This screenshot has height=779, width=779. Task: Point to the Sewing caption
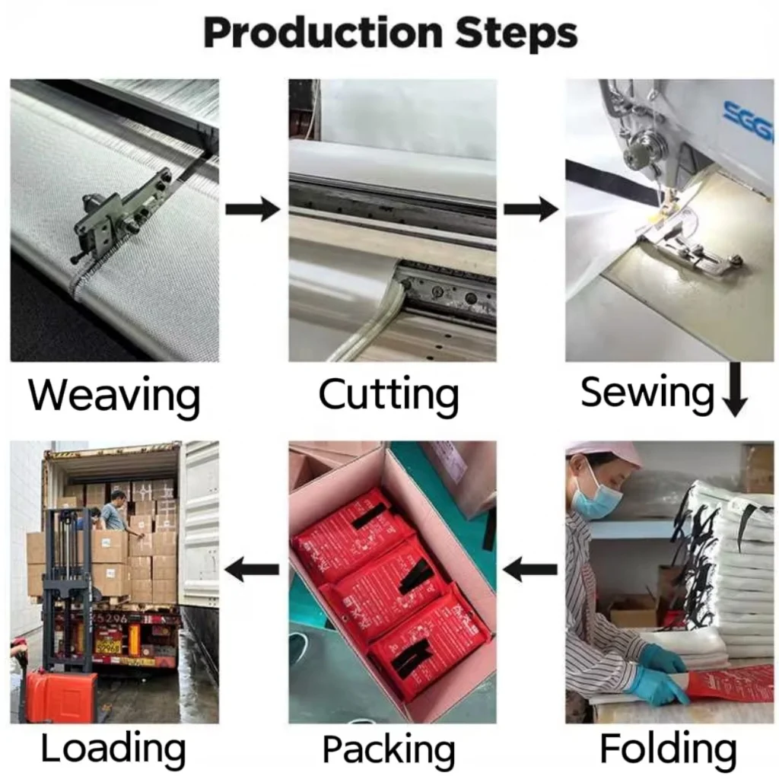click(x=647, y=393)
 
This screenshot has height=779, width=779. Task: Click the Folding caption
click(x=668, y=749)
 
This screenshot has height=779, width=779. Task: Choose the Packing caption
click(x=389, y=749)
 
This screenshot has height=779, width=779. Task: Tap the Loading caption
click(x=113, y=749)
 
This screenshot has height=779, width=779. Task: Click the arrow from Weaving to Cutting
click(x=253, y=208)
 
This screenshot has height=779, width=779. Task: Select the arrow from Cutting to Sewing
click(x=531, y=208)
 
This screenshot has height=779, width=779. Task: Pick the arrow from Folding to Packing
click(x=531, y=568)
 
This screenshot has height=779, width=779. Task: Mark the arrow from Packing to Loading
click(x=253, y=568)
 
